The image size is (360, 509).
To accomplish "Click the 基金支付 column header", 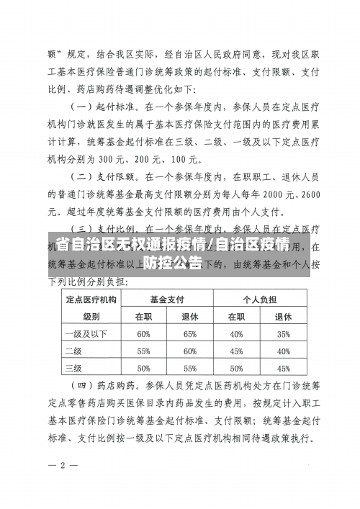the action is point(167,298).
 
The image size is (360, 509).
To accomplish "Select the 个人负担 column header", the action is point(259,298).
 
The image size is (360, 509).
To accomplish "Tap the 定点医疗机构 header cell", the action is point(91,298).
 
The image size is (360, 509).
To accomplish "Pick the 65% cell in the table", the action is point(190,333).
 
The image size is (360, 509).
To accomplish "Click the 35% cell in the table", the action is point(283,333).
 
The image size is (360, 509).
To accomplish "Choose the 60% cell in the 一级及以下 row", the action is point(143,333).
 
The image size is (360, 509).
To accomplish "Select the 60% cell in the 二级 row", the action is point(190,351).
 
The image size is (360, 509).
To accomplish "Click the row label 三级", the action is point(73,368).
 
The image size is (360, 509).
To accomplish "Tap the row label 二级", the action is point(73,351).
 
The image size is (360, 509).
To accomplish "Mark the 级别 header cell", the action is point(91,316).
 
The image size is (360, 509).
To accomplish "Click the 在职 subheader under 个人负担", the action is point(236,316).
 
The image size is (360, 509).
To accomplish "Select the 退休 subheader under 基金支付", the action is point(190,316).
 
